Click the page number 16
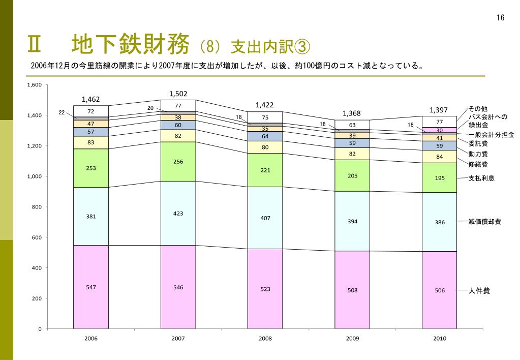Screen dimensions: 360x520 pyautogui.click(x=501, y=18)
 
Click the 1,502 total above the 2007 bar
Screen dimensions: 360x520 pyautogui.click(x=178, y=94)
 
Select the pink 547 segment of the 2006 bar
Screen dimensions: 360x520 pyautogui.click(x=91, y=287)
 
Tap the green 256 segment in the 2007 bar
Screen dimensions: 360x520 pyautogui.click(x=178, y=162)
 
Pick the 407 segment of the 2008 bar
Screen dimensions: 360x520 pyautogui.click(x=265, y=218)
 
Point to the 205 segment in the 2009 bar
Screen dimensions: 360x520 pyautogui.click(x=352, y=175)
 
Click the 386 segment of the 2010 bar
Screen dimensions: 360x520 pyautogui.click(x=440, y=222)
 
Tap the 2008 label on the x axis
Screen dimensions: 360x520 pyautogui.click(x=265, y=338)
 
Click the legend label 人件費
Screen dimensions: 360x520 pyautogui.click(x=479, y=291)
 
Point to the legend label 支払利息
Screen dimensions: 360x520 pyautogui.click(x=481, y=178)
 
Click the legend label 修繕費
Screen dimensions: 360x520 pyautogui.click(x=478, y=164)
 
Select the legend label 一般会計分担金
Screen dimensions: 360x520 pyautogui.click(x=491, y=135)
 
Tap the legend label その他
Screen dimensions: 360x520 pyautogui.click(x=478, y=109)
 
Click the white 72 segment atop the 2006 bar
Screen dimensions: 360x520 pyautogui.click(x=91, y=111)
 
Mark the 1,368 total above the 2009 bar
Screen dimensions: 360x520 pyautogui.click(x=352, y=113)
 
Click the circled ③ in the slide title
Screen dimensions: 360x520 pyautogui.click(x=300, y=47)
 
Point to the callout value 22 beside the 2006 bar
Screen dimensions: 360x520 pyautogui.click(x=62, y=112)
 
